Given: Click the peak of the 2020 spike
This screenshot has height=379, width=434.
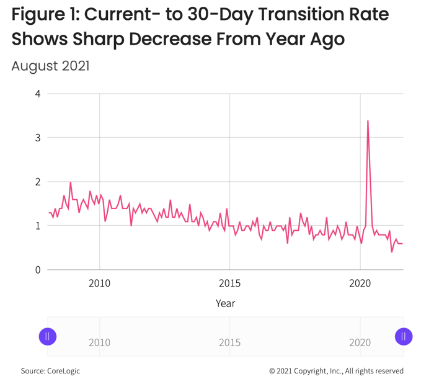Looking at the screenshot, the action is (368, 121).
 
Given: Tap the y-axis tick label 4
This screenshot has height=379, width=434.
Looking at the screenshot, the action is (38, 94).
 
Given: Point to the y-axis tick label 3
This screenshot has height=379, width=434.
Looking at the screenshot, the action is (38, 138).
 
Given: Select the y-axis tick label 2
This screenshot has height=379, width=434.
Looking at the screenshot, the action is (38, 182).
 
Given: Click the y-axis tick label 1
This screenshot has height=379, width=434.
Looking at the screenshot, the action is (38, 226).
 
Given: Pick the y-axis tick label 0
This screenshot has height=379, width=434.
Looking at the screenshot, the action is (38, 270).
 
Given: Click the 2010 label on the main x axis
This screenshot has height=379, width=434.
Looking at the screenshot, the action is (99, 283).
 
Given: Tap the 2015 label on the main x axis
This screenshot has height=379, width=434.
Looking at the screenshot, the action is (230, 283).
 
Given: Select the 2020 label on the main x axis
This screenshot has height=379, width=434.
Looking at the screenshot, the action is (360, 283).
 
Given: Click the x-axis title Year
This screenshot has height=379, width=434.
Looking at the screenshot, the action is (225, 303).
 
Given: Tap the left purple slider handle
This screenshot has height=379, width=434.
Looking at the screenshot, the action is (48, 337).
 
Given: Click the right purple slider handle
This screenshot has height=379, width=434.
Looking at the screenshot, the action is (404, 337).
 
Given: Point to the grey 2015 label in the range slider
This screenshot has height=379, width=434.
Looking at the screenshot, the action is (230, 343).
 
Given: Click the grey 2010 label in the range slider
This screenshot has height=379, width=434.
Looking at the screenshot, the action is (99, 343).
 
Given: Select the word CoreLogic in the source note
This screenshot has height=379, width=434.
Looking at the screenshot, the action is (63, 371).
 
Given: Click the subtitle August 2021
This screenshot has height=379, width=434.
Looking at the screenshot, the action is (50, 66).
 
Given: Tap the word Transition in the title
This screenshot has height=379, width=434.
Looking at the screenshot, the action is (301, 14).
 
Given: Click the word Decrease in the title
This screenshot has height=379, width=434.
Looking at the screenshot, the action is (170, 38).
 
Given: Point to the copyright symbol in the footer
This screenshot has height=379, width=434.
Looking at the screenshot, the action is (272, 371).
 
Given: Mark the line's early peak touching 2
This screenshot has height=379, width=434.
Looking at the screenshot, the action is (70, 182).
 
